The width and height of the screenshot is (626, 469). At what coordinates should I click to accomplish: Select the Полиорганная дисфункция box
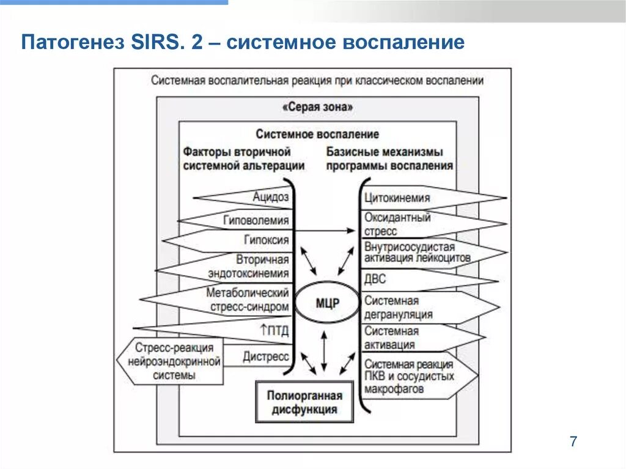click(x=304, y=402)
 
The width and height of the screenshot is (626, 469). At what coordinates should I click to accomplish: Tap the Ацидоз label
click(x=270, y=197)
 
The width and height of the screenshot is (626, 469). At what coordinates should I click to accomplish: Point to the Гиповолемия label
click(x=256, y=220)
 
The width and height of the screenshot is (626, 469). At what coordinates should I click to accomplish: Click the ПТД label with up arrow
click(x=274, y=331)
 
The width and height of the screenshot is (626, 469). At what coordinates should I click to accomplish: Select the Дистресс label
click(x=265, y=356)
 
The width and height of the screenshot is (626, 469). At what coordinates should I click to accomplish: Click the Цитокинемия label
click(x=397, y=198)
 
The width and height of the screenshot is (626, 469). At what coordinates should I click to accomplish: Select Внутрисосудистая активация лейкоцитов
click(x=418, y=253)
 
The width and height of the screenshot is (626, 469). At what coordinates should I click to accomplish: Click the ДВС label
click(x=375, y=280)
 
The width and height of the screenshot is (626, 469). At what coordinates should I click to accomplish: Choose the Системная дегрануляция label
click(x=398, y=308)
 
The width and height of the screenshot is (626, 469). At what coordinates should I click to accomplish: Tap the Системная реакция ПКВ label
click(x=409, y=375)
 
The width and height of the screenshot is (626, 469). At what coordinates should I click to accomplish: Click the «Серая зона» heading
click(x=317, y=107)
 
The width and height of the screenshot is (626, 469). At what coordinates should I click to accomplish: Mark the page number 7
click(x=573, y=441)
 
